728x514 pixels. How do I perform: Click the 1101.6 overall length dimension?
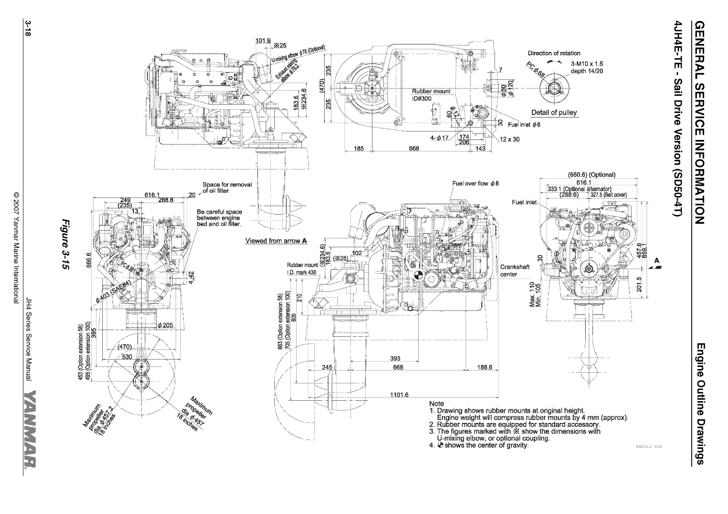(x=399, y=395)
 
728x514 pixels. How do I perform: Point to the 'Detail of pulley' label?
(x=554, y=112)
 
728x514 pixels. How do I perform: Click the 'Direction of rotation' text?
(x=554, y=53)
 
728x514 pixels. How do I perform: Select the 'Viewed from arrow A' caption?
(x=276, y=241)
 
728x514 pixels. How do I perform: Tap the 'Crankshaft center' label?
(x=514, y=271)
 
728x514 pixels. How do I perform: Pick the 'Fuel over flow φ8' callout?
(x=476, y=183)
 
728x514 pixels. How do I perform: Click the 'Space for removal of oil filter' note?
(x=227, y=187)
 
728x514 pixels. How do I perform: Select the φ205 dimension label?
(x=165, y=325)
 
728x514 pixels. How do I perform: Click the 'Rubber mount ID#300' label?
(x=430, y=95)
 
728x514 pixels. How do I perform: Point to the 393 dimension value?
(x=394, y=359)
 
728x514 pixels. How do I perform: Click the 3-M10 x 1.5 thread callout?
(x=586, y=64)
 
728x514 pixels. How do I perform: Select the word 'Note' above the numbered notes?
(x=436, y=403)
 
